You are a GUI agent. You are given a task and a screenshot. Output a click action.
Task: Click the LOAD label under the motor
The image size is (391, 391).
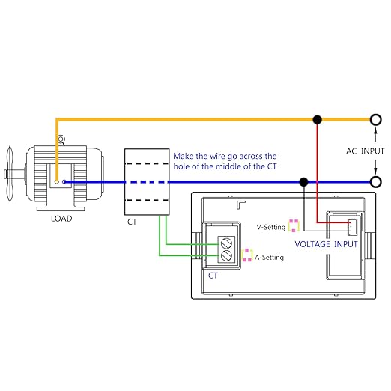point(61,219)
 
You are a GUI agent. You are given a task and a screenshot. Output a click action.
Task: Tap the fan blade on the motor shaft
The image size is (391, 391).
point(10,174)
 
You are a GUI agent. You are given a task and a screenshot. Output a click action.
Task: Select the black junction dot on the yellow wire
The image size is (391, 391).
point(317,120)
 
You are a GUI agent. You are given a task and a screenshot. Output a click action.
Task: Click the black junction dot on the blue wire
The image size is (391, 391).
point(303,182)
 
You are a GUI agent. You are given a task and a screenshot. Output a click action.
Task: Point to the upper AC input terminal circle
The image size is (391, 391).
point(375,120)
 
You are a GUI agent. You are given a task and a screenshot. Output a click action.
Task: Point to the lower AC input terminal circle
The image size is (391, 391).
point(375,182)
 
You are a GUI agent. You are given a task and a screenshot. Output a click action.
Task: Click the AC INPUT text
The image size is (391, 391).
point(365,151)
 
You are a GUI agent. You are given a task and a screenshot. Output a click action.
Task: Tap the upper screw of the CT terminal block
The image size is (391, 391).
point(227,243)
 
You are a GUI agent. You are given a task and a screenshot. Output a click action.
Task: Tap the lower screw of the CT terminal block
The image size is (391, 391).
point(227,255)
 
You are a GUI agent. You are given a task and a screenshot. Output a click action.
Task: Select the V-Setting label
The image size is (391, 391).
point(271,227)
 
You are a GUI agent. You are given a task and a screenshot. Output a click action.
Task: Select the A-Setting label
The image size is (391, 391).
point(269,257)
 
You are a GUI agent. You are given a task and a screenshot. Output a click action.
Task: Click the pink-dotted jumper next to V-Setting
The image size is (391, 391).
point(294,225)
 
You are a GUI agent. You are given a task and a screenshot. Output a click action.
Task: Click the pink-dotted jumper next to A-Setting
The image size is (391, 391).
point(247,255)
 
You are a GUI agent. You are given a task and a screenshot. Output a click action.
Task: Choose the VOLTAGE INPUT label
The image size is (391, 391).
point(326,244)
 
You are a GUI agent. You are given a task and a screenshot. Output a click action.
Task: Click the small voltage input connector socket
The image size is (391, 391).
point(352,227)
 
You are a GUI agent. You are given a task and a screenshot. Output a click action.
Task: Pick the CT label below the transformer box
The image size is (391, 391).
point(132,222)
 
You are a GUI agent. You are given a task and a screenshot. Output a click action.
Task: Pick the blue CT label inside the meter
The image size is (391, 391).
point(213,276)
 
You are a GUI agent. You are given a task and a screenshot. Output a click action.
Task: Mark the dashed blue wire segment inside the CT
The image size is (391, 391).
point(147,182)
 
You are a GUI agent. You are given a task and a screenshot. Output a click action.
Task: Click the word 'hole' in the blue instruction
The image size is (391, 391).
point(181,166)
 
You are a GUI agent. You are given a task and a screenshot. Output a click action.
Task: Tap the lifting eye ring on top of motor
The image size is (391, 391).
point(61,139)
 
